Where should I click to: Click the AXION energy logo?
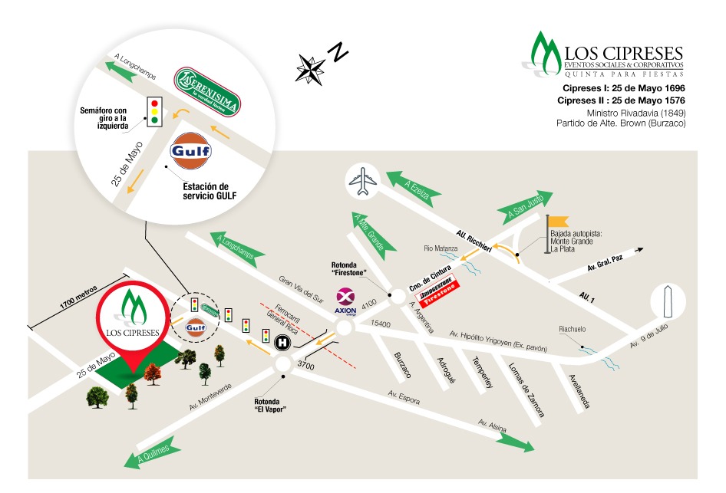(346, 301)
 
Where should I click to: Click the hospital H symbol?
(282, 342)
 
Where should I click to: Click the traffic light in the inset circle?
(155, 110)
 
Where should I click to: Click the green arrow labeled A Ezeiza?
(414, 186)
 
